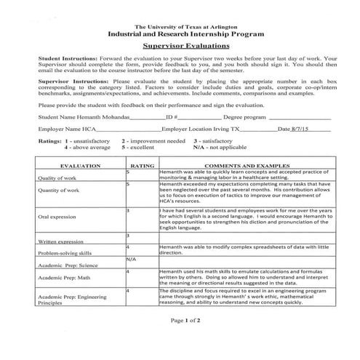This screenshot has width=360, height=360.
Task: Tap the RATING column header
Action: [x=141, y=166]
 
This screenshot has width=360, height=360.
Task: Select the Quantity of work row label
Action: [x=58, y=191]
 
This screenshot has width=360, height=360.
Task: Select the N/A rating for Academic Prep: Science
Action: [x=131, y=259]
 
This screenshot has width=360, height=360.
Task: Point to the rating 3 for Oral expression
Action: [x=128, y=210]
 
